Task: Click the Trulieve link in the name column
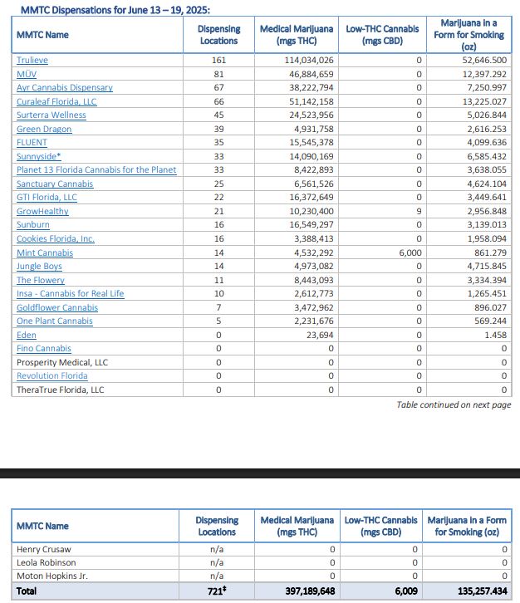(x=32, y=61)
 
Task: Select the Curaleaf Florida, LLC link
(x=56, y=101)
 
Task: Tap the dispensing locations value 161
(x=218, y=61)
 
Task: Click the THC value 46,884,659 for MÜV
(x=308, y=74)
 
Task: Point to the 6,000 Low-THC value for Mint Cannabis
(x=405, y=252)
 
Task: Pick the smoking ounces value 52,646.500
(x=479, y=61)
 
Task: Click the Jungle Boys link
(x=39, y=267)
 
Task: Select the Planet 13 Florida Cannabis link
(x=96, y=170)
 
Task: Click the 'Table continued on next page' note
(x=454, y=404)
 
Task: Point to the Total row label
(x=27, y=591)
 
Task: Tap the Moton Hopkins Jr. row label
(x=52, y=576)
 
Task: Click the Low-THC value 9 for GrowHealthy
(x=419, y=212)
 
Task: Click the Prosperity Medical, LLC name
(x=62, y=362)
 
